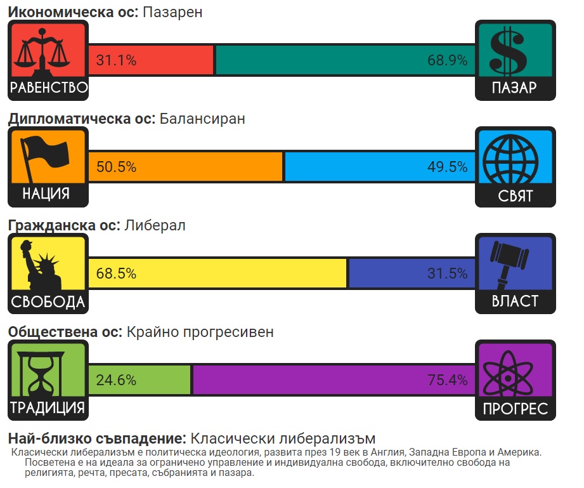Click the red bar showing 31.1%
pos(151,60)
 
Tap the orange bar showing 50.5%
pos(185,167)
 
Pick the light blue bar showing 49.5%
pos(379,167)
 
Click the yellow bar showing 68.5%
pos(217,274)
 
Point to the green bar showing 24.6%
pos(140,380)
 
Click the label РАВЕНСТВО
pos(48,88)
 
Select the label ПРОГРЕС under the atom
pos(515,409)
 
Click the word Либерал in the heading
pos(155,225)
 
